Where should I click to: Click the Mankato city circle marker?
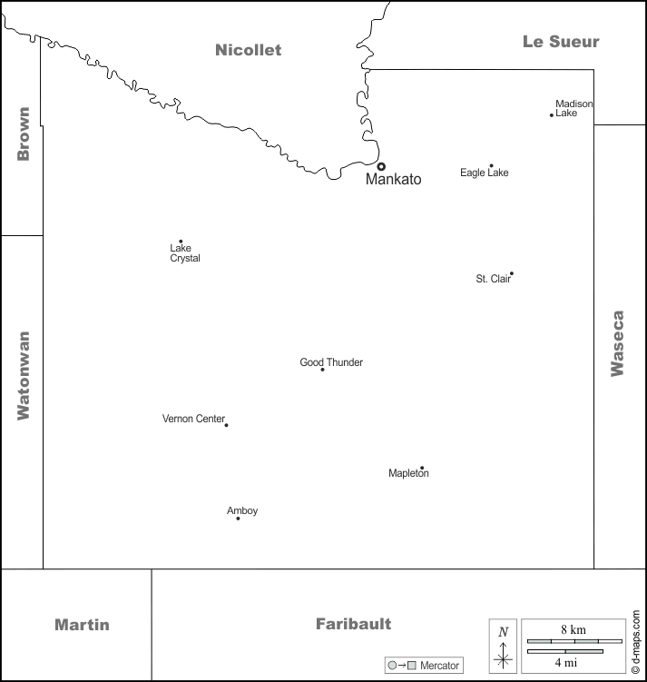[381, 166]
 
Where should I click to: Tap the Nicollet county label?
[248, 50]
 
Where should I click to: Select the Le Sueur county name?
[561, 42]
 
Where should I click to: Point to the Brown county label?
[24, 134]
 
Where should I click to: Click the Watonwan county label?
[24, 376]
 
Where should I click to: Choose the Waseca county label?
[617, 343]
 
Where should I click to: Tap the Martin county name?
[82, 625]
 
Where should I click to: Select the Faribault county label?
[353, 624]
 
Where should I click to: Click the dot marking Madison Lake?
[552, 115]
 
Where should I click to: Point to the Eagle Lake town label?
[484, 173]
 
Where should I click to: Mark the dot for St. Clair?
[512, 273]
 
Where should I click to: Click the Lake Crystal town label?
[185, 253]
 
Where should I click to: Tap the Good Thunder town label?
[331, 362]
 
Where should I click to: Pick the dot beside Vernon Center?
[226, 425]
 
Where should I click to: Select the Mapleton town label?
[408, 473]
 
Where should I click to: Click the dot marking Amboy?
[238, 519]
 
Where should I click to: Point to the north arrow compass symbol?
[504, 647]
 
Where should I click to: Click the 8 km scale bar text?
[573, 630]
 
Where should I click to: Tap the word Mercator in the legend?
[439, 666]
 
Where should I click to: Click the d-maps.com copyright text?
[635, 642]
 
